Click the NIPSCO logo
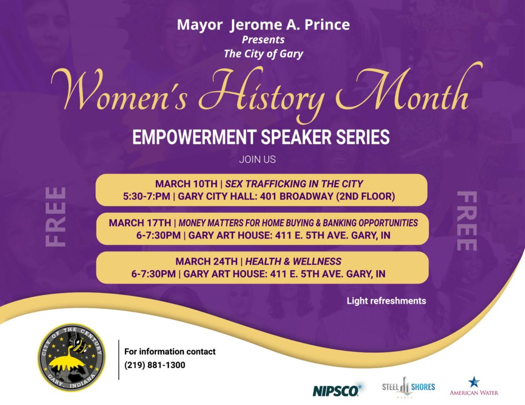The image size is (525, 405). tap(339, 389)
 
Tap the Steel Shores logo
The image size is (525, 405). tap(409, 387)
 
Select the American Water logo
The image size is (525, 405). tap(474, 387)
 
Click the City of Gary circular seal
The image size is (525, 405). tap(71, 357)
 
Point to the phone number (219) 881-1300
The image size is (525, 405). tap(155, 365)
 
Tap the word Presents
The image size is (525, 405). tap(263, 40)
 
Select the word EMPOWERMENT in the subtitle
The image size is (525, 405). tap(194, 137)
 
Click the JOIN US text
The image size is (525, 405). tap(257, 160)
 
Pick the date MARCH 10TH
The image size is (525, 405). tap(186, 184)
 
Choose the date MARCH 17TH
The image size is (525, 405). tap(140, 223)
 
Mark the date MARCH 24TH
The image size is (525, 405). tap(207, 262)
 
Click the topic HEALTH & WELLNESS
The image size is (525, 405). tap(293, 262)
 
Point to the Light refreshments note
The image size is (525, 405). tap(387, 301)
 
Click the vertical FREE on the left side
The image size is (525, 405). tap(55, 217)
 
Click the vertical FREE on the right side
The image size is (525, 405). tap(467, 221)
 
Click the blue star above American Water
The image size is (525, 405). tap(474, 382)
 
